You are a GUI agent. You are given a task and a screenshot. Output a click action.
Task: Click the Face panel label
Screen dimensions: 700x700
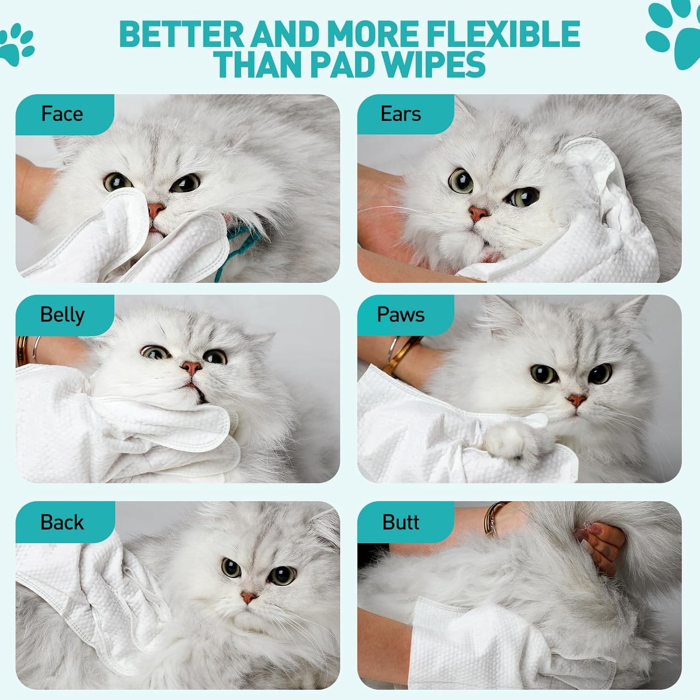62,114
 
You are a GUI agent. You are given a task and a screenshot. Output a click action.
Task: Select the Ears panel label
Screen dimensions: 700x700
401,114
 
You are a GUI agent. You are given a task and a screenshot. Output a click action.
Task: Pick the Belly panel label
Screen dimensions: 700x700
62,315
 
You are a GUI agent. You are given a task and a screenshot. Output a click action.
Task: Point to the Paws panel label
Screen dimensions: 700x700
401,315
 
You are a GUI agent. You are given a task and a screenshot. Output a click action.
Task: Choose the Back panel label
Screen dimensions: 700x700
62,522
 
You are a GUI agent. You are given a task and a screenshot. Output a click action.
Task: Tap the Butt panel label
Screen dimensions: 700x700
401,522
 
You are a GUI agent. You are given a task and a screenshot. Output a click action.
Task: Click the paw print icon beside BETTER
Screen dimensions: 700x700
17,45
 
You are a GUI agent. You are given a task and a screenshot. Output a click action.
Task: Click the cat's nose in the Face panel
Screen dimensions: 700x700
156,210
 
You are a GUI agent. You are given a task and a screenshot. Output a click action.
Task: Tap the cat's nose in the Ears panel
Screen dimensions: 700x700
478,213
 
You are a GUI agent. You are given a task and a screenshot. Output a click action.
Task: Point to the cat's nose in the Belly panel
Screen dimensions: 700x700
191,367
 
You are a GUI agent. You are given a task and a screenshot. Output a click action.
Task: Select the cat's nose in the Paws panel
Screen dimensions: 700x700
576,400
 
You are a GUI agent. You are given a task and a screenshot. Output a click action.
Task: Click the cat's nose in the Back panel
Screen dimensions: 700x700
249,597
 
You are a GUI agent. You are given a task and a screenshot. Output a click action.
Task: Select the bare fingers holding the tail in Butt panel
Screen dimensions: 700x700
601,545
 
